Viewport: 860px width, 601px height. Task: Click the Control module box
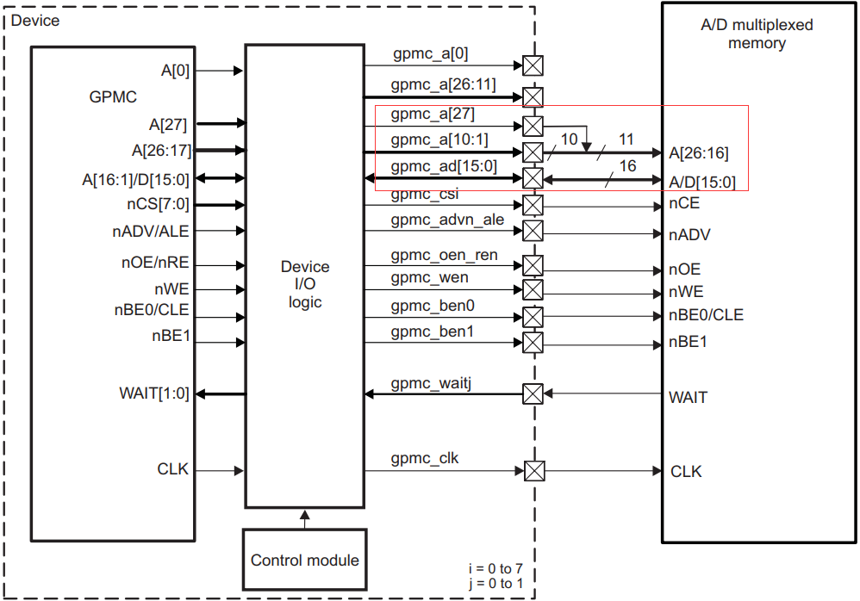click(x=304, y=560)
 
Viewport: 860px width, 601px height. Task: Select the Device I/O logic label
click(x=304, y=284)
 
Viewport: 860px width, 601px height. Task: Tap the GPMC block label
click(x=113, y=97)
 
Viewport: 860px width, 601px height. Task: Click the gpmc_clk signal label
click(x=424, y=459)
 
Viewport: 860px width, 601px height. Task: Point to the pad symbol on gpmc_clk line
click(x=534, y=471)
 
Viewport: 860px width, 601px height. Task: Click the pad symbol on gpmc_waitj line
click(x=533, y=393)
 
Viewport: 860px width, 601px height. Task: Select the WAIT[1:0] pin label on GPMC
click(x=153, y=394)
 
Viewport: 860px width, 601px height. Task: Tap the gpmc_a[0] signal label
click(x=429, y=54)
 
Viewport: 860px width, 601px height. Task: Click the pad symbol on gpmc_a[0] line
click(x=533, y=65)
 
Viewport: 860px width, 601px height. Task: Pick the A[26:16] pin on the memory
click(x=698, y=153)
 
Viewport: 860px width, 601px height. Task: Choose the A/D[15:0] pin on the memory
click(x=702, y=182)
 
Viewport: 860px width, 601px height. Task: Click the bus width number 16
click(x=627, y=165)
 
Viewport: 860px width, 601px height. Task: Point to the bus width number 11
click(x=626, y=139)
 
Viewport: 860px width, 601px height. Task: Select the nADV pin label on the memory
click(x=689, y=234)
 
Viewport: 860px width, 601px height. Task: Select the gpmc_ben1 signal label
click(x=432, y=331)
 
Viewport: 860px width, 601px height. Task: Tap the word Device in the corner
click(x=34, y=19)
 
